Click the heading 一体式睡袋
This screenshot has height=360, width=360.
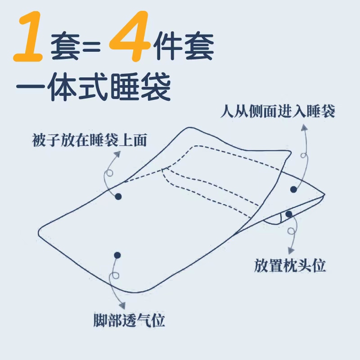click(93, 88)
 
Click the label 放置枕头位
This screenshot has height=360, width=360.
click(290, 266)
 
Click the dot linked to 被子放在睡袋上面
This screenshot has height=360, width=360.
click(118, 196)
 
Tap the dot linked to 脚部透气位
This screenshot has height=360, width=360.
click(117, 255)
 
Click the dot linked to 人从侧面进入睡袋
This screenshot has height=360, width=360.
click(293, 189)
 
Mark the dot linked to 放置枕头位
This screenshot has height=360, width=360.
click(289, 213)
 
